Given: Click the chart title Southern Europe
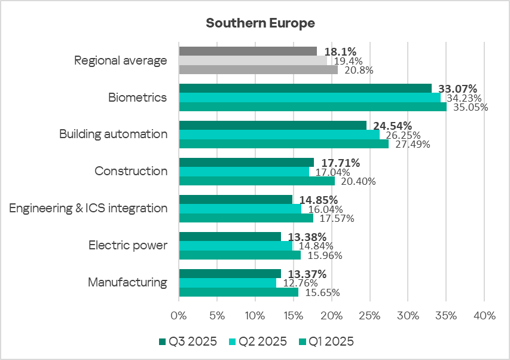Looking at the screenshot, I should [260, 23].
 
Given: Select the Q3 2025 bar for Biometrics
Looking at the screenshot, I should [305, 89].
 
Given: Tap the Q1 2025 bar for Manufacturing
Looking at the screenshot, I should [239, 292].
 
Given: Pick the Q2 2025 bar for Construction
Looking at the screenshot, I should [244, 172].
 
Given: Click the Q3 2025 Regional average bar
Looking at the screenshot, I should [248, 51].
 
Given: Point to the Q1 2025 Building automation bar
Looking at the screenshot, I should [283, 144].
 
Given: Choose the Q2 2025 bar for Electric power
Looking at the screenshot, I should [236, 246].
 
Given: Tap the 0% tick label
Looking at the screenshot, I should [179, 315].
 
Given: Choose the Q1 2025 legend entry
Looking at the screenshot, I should [326, 341].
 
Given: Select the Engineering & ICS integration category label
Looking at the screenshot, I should [88, 208].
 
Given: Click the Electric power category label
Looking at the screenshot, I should [128, 245].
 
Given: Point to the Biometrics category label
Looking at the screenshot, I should [138, 97].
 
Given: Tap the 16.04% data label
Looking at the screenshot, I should [326, 209].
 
